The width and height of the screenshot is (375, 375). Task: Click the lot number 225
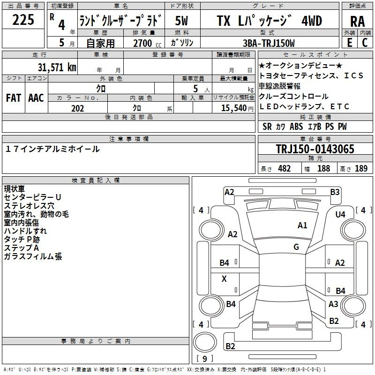(23, 20)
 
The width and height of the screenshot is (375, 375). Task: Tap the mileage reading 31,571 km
(57, 67)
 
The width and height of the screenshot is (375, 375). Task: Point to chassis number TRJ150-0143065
(315, 150)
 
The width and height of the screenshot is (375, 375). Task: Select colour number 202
(77, 108)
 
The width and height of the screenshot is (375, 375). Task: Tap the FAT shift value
(13, 98)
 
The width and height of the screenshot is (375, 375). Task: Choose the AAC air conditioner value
(36, 98)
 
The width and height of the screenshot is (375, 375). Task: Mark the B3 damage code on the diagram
(335, 192)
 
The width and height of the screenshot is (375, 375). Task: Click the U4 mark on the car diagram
(340, 214)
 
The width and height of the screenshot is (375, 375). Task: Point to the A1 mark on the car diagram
(302, 225)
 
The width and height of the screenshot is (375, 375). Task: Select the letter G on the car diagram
(296, 247)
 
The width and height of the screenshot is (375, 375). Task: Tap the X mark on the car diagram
(224, 279)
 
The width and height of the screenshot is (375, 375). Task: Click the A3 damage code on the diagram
(333, 304)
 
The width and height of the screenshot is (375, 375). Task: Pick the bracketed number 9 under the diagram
(205, 359)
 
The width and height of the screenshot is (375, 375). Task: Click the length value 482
(284, 169)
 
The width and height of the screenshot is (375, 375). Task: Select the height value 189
(361, 169)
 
